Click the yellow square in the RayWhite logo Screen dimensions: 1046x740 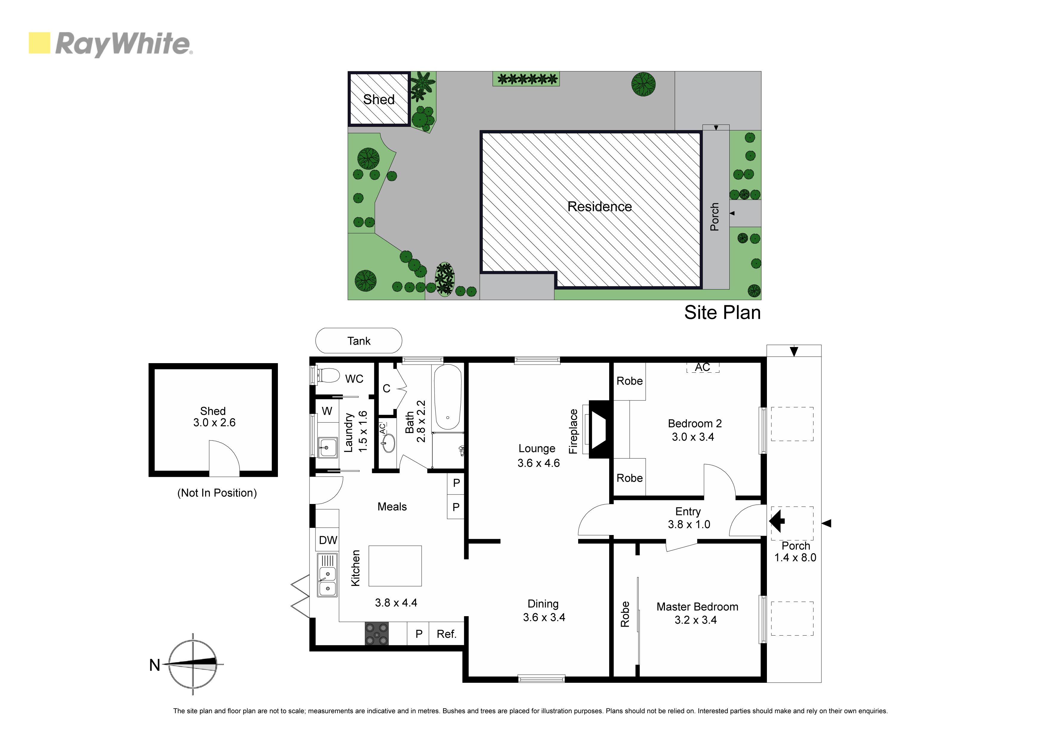(39, 43)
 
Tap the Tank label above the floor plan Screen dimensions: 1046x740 (359, 341)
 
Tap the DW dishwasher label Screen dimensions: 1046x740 (328, 540)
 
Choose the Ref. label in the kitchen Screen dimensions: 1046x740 (446, 634)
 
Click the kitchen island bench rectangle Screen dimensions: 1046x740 (395, 566)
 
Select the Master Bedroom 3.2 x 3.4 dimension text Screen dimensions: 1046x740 (696, 620)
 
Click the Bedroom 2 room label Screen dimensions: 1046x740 (695, 424)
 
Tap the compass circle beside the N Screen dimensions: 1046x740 (193, 664)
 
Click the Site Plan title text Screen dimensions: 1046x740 (722, 313)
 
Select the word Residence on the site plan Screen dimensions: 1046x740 (600, 206)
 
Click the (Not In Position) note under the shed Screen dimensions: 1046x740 (217, 493)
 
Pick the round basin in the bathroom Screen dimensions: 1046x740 (389, 442)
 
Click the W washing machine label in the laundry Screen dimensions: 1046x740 (327, 411)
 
